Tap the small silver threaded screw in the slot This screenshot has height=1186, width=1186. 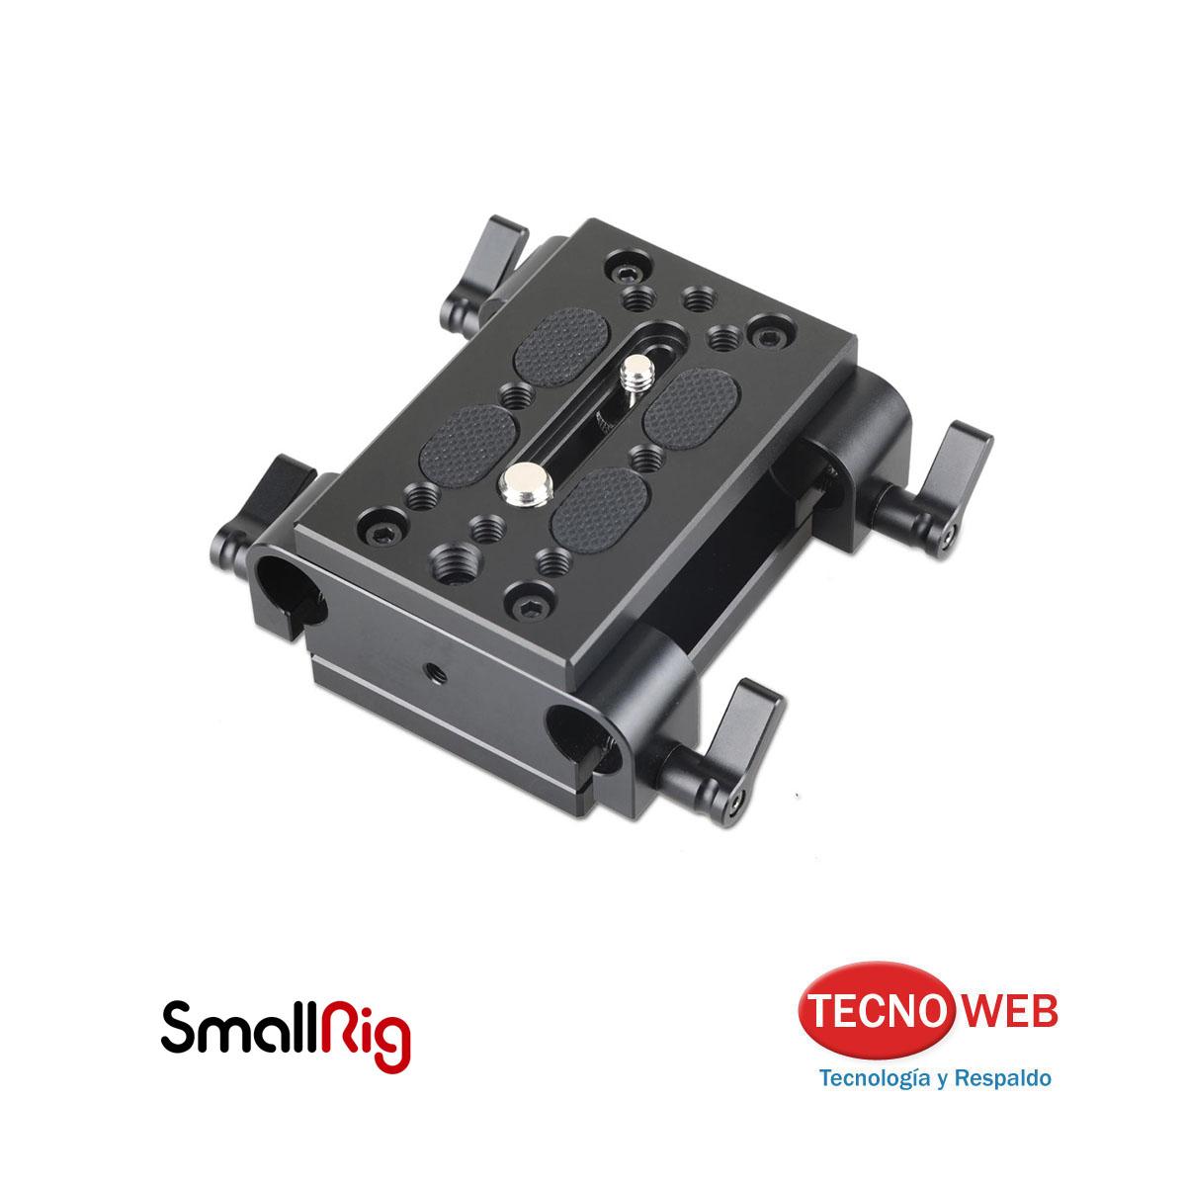pyautogui.click(x=631, y=377)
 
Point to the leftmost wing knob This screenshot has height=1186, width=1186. pyautogui.click(x=265, y=509)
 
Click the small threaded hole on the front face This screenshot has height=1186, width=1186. pyautogui.click(x=437, y=671)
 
